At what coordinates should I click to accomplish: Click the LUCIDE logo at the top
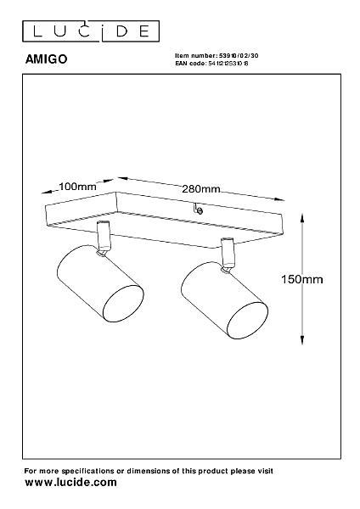[x=91, y=31]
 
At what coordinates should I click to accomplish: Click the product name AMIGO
[x=46, y=59]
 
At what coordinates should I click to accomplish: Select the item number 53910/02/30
[x=239, y=56]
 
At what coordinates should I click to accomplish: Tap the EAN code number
[x=228, y=64]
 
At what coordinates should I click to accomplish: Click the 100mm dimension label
[x=77, y=187]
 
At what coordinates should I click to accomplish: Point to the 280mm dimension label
[x=200, y=189]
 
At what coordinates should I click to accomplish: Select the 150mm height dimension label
[x=302, y=279]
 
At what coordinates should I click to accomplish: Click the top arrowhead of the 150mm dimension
[x=302, y=218]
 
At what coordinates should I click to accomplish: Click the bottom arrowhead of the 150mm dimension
[x=302, y=339]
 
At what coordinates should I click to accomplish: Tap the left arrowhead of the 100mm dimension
[x=47, y=192]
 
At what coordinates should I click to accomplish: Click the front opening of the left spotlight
[x=123, y=304]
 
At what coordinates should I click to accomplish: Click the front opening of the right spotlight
[x=247, y=321]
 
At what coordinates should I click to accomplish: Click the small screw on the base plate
[x=200, y=211]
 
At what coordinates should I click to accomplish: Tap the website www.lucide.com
[x=70, y=483]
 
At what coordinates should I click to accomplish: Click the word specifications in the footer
[x=87, y=471]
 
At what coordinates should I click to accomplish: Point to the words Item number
[x=195, y=56]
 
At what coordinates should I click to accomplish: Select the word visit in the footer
[x=265, y=471]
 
